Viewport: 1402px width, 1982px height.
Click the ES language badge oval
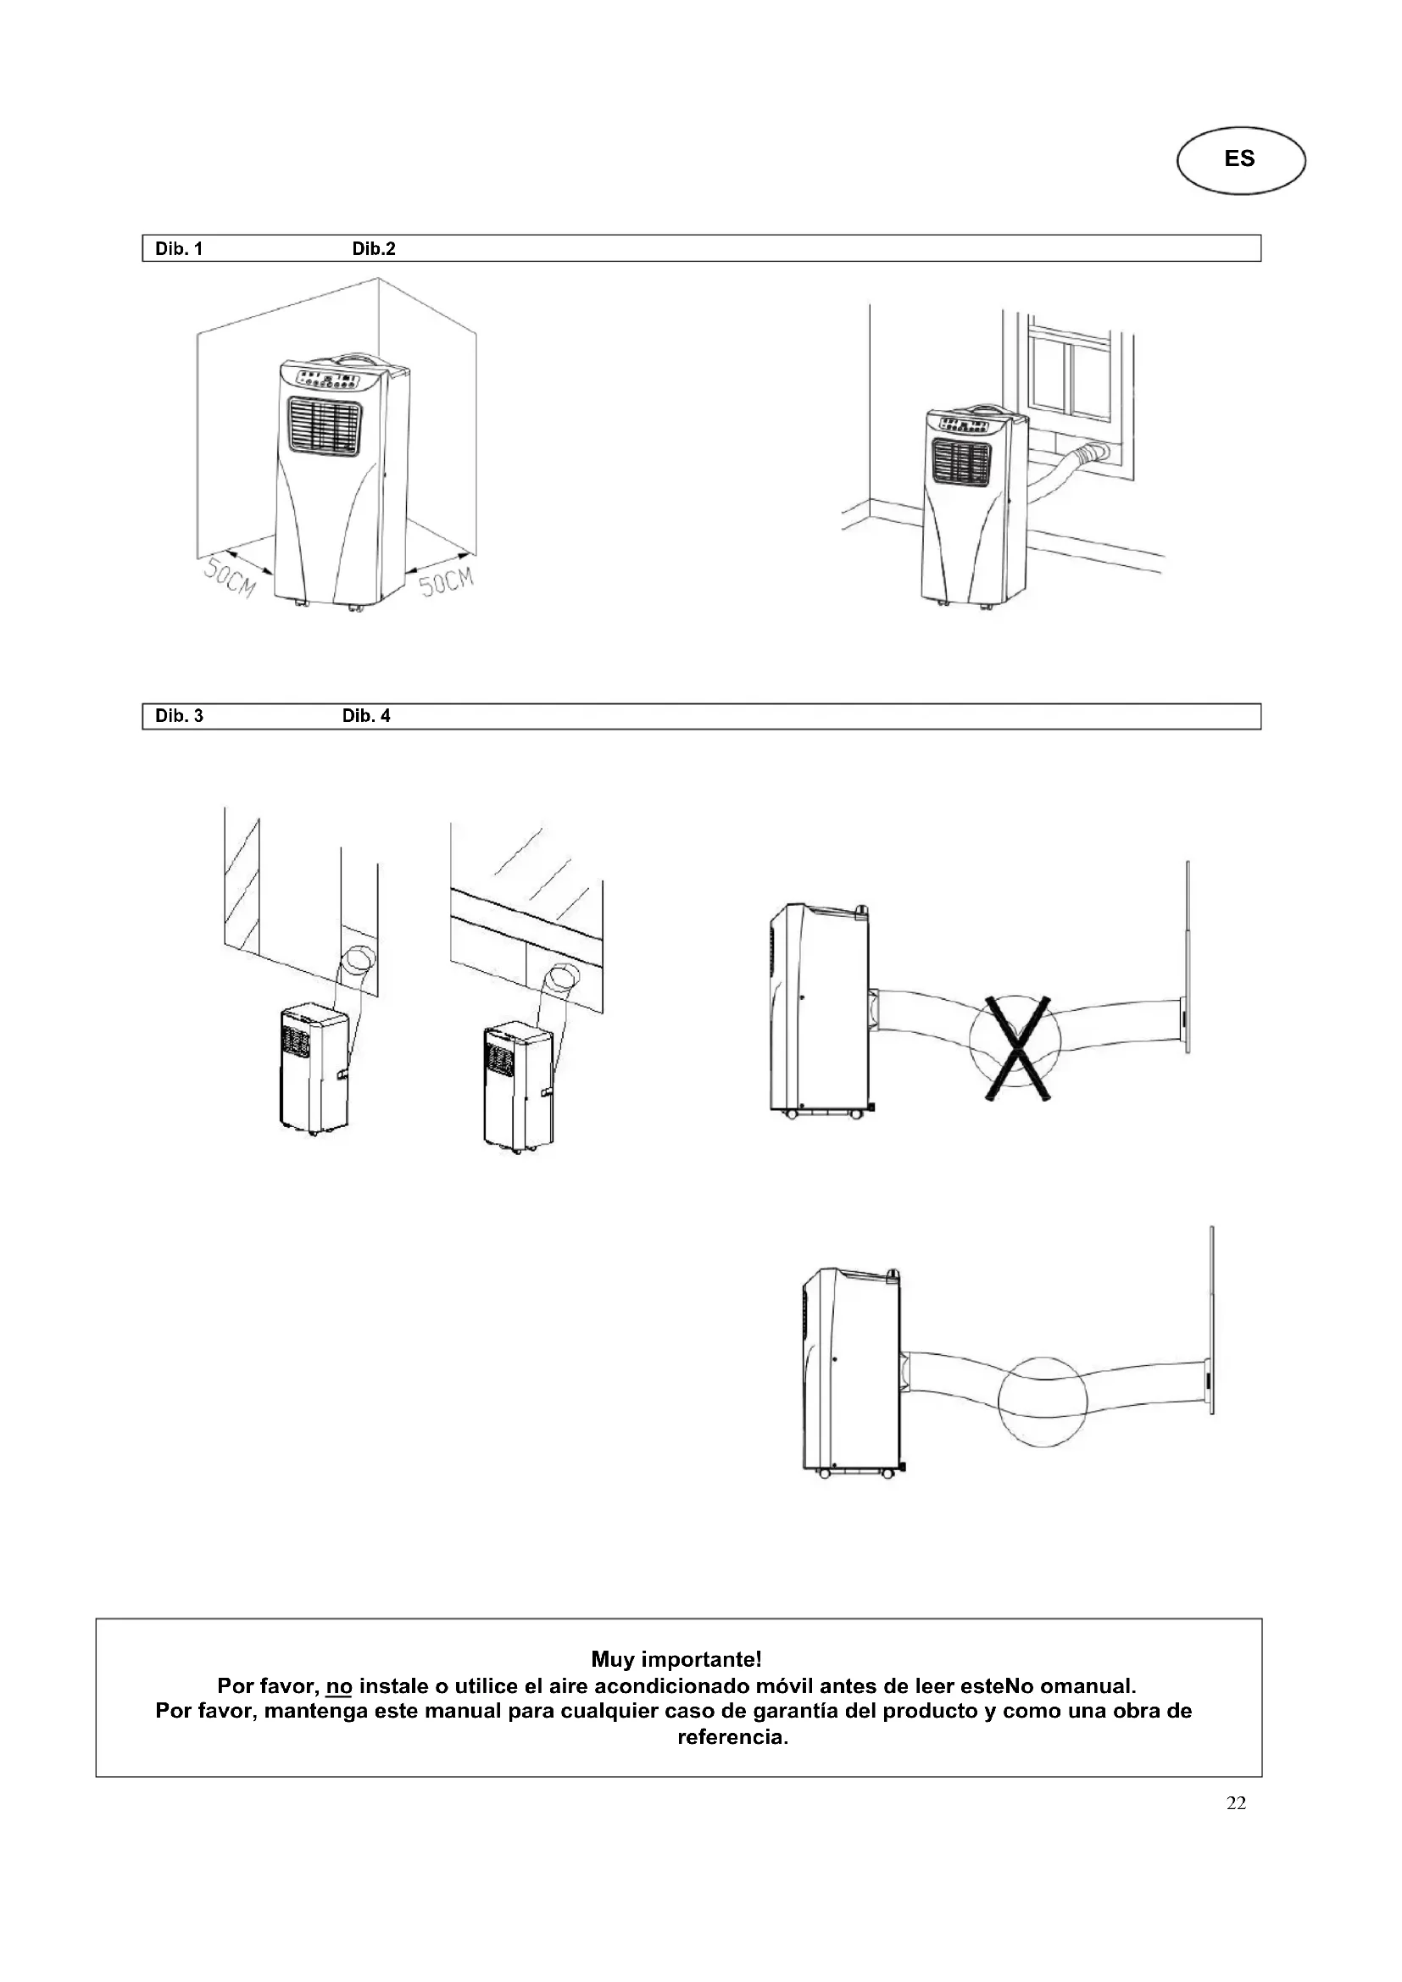1241,159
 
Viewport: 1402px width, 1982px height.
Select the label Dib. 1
179,249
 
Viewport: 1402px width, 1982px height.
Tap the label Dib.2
374,249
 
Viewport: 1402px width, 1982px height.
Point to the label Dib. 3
179,716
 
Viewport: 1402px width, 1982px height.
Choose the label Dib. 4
366,716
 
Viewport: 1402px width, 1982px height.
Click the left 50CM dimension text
230,578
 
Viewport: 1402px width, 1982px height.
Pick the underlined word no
339,1686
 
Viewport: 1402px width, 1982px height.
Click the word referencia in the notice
732,1737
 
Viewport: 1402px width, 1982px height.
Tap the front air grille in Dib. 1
325,425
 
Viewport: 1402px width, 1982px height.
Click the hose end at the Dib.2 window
1097,452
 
